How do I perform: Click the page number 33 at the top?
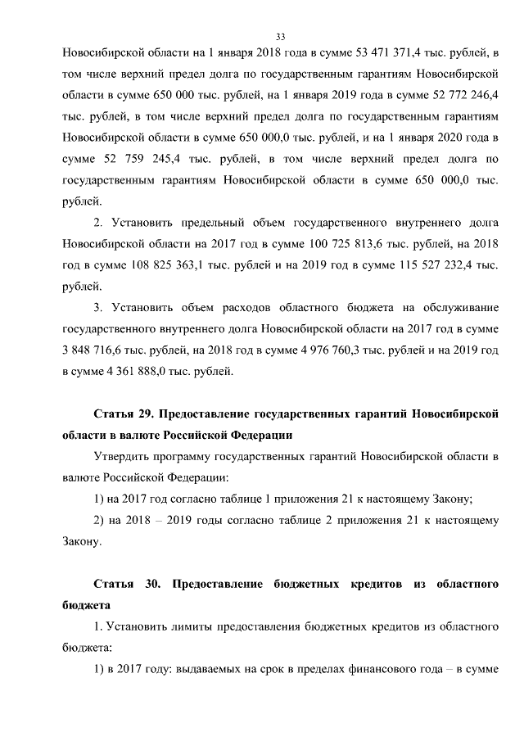tap(280, 37)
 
